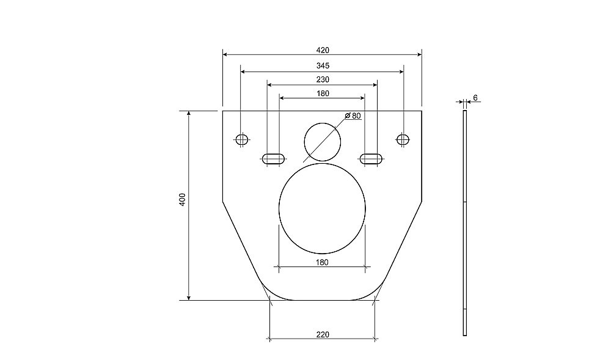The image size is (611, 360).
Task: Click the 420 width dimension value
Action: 322,50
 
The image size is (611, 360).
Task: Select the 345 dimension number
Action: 322,66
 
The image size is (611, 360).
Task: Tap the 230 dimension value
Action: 322,79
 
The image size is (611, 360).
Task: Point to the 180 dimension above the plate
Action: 322,94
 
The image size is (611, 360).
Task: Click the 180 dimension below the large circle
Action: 322,262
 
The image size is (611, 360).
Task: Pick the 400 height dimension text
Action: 182,199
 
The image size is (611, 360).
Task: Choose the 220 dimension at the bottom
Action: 322,334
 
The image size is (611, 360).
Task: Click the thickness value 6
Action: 475,98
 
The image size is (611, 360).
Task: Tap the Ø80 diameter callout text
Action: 353,116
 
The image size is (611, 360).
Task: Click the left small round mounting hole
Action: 241,139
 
